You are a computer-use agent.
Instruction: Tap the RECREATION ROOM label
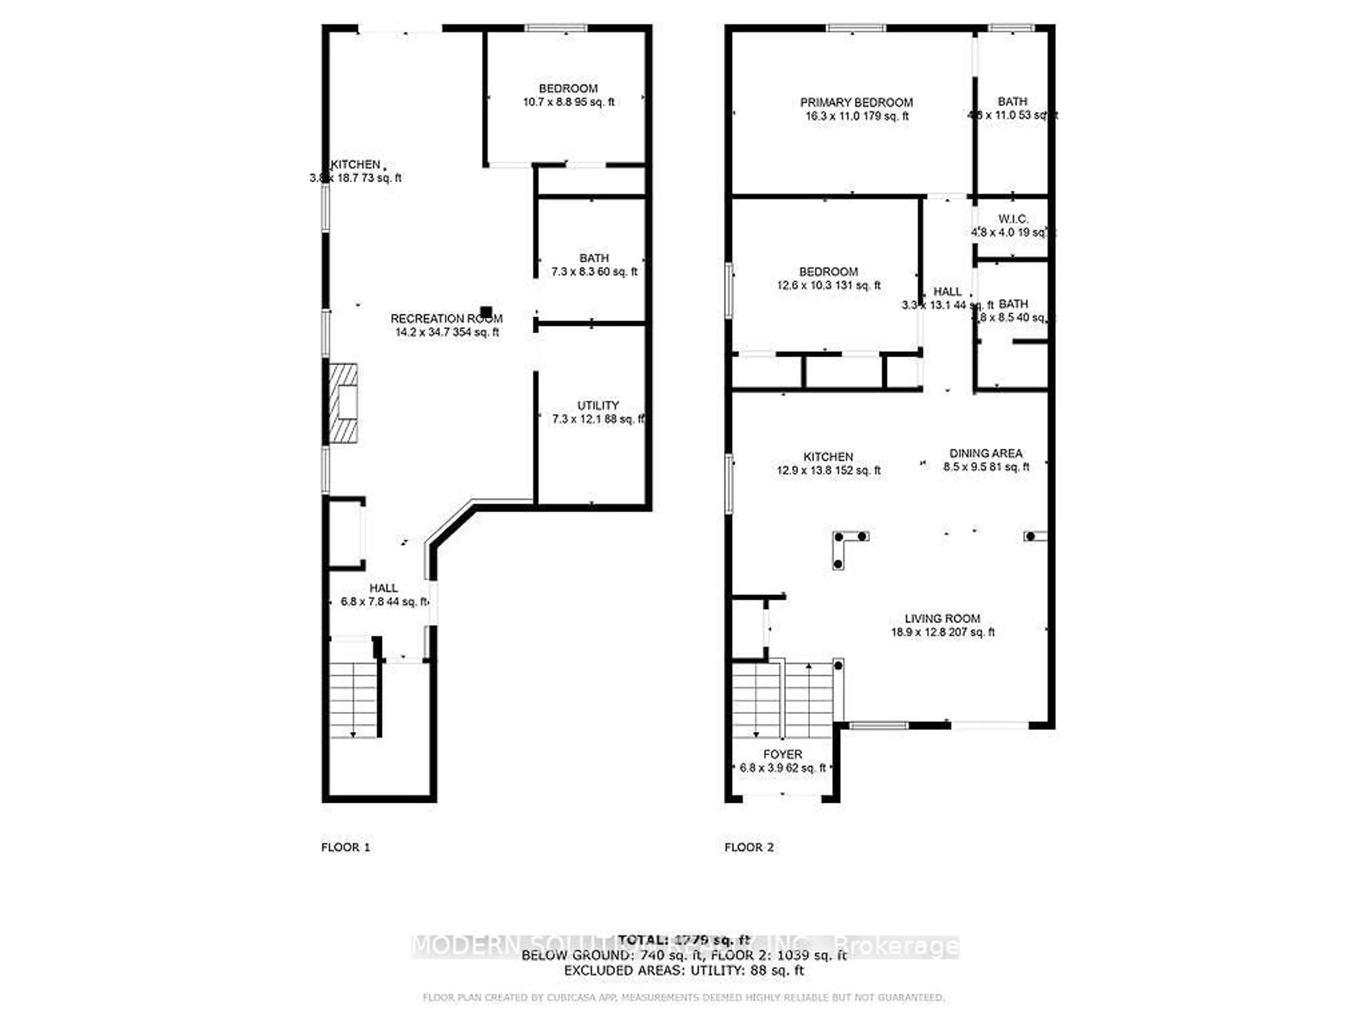click(446, 318)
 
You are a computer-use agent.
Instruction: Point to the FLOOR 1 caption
click(345, 847)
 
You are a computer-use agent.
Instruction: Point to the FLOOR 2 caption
click(749, 847)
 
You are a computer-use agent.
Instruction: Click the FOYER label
click(782, 755)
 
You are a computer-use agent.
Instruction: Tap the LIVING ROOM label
click(942, 618)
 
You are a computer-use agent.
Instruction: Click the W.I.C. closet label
click(1013, 219)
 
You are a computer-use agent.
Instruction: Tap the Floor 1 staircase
click(353, 699)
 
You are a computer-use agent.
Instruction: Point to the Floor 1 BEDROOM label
click(568, 88)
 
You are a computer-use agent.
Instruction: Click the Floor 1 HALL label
click(383, 588)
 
